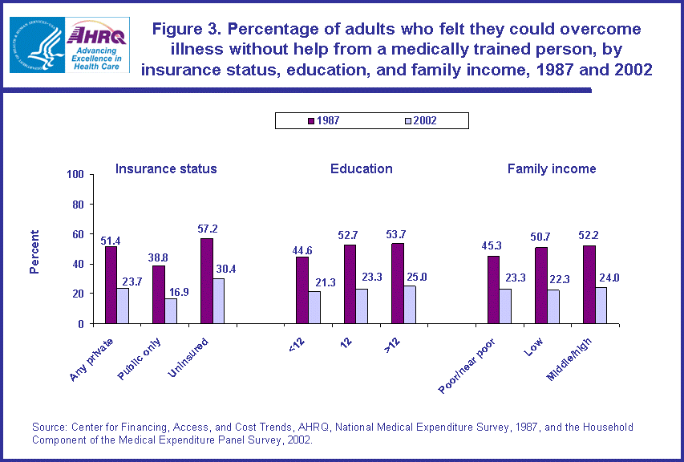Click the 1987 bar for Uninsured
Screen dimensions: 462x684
point(206,281)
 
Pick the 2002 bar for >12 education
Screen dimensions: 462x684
point(410,305)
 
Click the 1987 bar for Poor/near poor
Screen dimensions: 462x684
point(493,290)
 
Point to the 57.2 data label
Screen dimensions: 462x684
point(208,229)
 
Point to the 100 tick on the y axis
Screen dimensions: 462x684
point(75,175)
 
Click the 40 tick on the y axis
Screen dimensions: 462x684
point(78,264)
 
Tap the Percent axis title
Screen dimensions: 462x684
point(34,251)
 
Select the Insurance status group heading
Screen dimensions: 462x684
point(166,168)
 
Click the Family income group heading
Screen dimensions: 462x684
point(552,168)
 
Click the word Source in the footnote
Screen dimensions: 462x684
point(49,427)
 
